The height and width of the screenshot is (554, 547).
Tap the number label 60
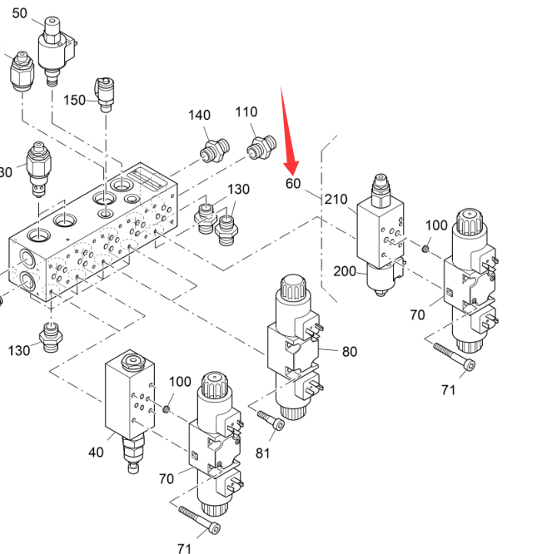292,183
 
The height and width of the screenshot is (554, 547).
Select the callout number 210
336,200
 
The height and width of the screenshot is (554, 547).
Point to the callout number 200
345,271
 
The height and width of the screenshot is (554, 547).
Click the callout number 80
349,352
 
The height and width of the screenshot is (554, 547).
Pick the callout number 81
263,453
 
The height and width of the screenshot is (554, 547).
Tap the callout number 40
97,453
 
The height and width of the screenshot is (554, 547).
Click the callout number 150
75,100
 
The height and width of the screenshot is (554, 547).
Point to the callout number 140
199,115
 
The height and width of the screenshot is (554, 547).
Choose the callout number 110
246,112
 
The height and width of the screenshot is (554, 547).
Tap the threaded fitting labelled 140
214,151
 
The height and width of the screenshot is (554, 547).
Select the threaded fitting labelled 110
261,148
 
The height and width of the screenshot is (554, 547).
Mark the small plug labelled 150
105,92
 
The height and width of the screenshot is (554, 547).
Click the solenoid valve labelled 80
294,349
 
